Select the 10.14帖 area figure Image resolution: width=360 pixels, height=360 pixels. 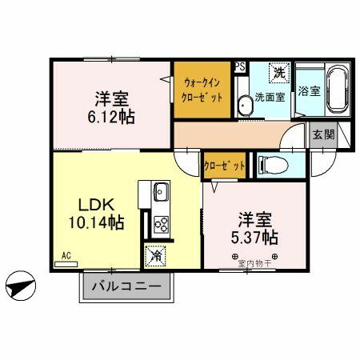click(x=94, y=222)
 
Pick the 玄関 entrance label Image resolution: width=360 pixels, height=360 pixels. click(x=323, y=135)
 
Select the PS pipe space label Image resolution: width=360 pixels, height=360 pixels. click(x=239, y=67)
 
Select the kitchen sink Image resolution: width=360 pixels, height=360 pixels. click(x=159, y=192)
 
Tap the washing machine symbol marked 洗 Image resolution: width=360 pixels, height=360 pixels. click(x=279, y=73)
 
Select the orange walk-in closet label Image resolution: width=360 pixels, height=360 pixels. click(x=203, y=88)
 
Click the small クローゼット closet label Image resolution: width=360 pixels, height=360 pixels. click(x=224, y=166)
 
